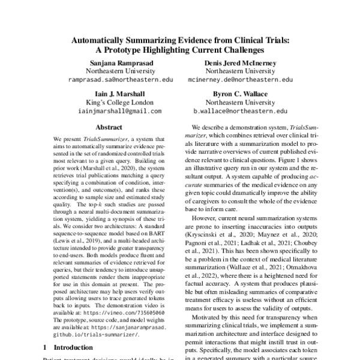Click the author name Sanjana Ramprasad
point(120,61)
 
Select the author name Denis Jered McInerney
point(240,61)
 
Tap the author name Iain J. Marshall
point(120,94)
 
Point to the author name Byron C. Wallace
point(240,94)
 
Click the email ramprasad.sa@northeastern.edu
point(120,79)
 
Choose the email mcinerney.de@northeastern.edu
point(240,79)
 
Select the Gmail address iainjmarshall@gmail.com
point(120,111)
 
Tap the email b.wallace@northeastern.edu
point(240,111)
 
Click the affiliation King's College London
point(120,103)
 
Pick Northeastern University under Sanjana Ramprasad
point(120,70)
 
